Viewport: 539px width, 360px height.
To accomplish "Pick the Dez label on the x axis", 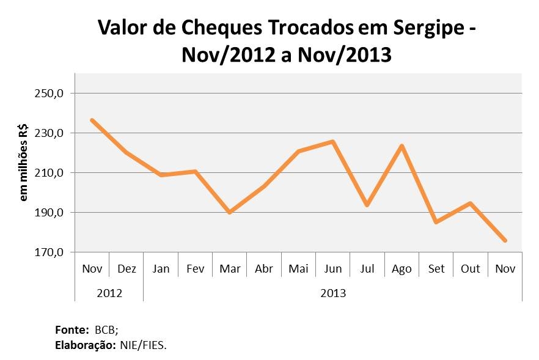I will click(x=127, y=269).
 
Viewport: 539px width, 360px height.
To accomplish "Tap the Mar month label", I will click(x=229, y=269).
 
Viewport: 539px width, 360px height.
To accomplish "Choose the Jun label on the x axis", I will click(x=332, y=269).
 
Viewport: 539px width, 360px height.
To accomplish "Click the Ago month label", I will click(x=402, y=269).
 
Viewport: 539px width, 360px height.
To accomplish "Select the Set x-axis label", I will click(x=436, y=269).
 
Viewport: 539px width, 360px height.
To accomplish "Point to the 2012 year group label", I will click(x=109, y=293).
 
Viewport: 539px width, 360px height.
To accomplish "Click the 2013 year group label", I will click(x=333, y=293).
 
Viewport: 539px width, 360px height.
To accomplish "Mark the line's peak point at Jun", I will click(x=332, y=141).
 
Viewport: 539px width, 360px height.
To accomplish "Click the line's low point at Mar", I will click(x=229, y=212).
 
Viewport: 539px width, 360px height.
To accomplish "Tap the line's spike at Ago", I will click(x=402, y=145).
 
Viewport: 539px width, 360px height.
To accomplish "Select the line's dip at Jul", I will click(x=367, y=205).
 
